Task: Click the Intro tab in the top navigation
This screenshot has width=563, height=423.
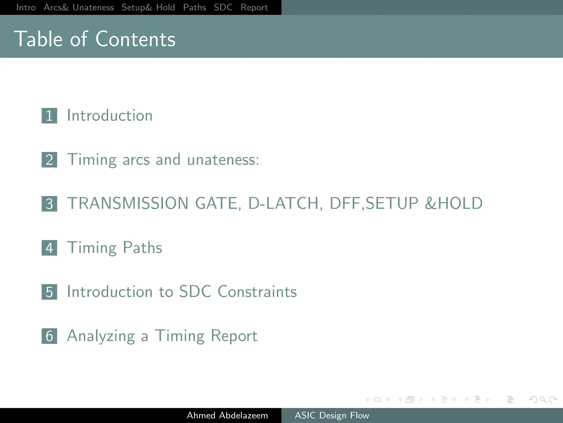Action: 26,7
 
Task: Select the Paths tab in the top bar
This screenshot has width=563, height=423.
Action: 194,7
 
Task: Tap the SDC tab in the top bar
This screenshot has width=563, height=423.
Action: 223,7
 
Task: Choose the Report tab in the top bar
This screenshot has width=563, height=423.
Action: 254,8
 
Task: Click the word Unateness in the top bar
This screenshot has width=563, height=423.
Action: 93,7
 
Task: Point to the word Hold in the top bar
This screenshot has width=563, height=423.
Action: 165,7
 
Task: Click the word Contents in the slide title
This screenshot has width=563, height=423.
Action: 135,39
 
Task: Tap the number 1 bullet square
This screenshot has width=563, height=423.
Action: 49,116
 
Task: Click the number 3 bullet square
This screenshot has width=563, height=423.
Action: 49,204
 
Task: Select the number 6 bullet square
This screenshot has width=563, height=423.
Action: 49,336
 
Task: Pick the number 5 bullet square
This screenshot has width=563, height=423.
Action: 49,292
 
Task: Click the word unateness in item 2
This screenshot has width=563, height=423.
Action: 223,160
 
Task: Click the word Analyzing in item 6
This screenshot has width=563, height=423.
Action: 101,336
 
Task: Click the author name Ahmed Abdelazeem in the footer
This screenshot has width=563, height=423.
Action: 227,415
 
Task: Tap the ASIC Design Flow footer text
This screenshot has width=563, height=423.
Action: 332,415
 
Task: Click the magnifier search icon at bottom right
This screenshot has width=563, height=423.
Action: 543,399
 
